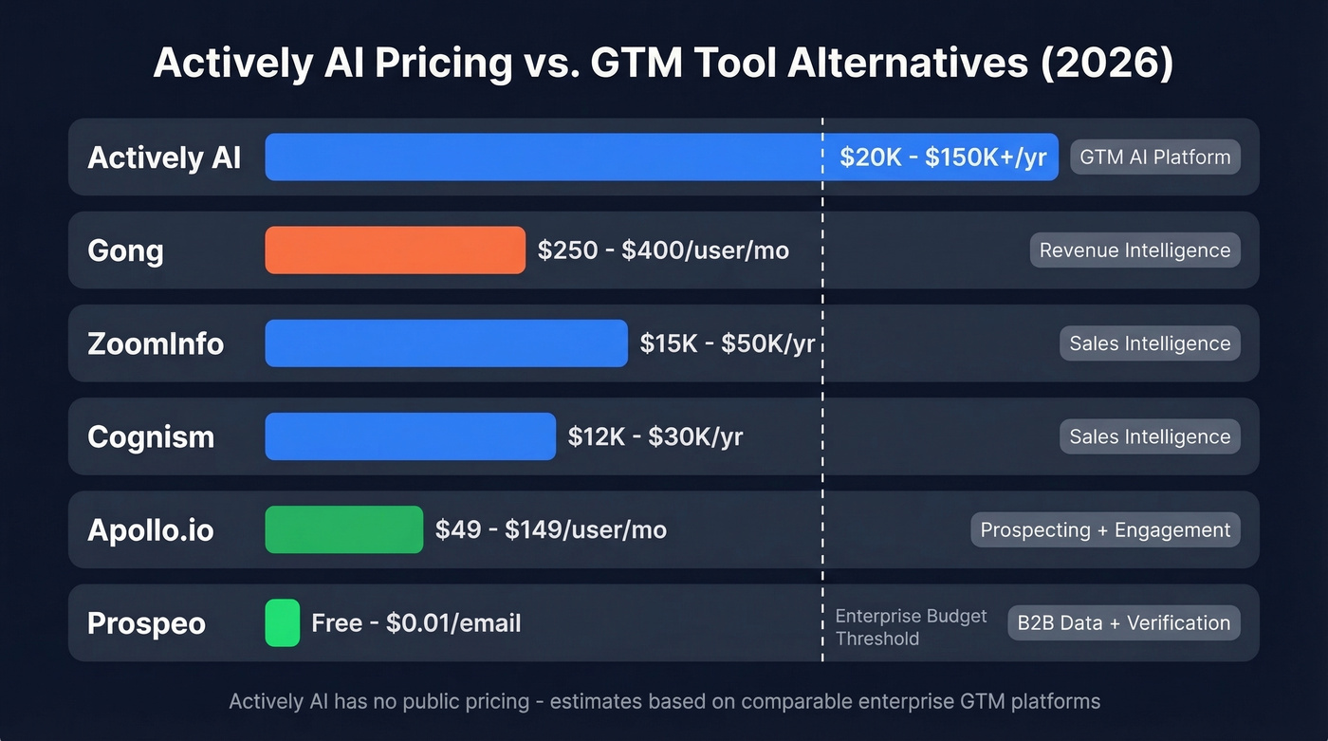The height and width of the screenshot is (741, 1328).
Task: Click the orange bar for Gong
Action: (x=395, y=250)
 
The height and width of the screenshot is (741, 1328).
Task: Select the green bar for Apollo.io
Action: (x=343, y=529)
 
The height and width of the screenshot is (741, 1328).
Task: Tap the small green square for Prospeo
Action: (x=282, y=623)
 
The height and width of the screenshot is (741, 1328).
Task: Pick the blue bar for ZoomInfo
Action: (x=446, y=343)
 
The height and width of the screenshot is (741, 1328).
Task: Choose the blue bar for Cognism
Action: (x=410, y=436)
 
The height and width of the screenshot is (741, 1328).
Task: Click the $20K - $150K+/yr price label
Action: (x=943, y=157)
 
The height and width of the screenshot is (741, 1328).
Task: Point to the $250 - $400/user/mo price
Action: (x=663, y=250)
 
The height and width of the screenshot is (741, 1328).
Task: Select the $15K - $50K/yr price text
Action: (x=727, y=343)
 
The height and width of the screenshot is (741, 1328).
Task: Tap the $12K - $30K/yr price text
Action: (x=655, y=436)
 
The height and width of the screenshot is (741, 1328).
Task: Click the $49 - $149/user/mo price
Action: (x=550, y=529)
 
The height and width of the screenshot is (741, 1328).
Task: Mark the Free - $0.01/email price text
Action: (x=415, y=623)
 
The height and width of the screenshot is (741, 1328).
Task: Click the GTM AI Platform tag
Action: (x=1154, y=157)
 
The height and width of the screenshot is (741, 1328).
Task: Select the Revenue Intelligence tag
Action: (x=1134, y=250)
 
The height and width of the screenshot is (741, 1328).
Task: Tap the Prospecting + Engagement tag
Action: (x=1105, y=529)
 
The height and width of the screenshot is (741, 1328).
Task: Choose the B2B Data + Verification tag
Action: (x=1123, y=623)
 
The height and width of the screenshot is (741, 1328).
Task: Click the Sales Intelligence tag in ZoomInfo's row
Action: (x=1150, y=343)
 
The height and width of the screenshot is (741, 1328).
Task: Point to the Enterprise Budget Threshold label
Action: (x=911, y=627)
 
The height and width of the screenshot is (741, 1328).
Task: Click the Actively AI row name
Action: (x=164, y=157)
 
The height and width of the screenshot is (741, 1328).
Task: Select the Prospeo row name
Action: (x=146, y=623)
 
